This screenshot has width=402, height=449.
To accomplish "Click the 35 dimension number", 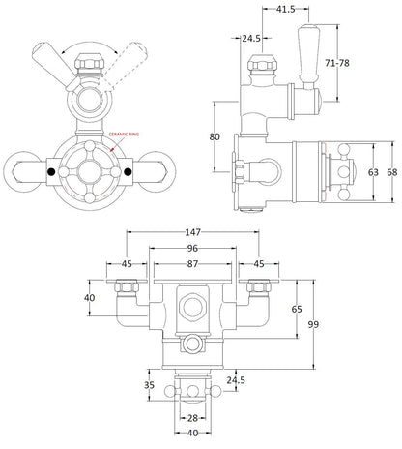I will coord(149,385).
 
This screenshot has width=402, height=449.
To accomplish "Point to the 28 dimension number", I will coord(193,419).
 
